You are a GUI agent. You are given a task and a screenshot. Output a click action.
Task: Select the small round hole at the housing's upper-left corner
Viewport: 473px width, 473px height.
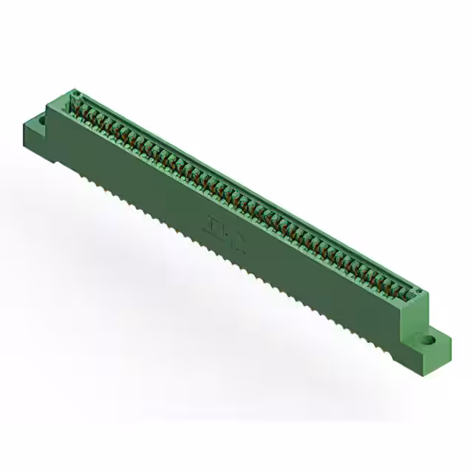(x=74, y=94)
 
